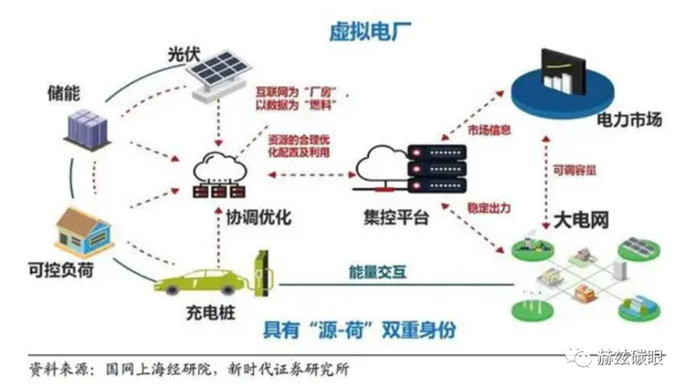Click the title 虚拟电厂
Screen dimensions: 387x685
pos(366,32)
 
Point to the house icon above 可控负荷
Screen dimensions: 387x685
pos(84,229)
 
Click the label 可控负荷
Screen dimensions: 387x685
pos(59,272)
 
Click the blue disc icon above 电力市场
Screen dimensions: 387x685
pos(561,78)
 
